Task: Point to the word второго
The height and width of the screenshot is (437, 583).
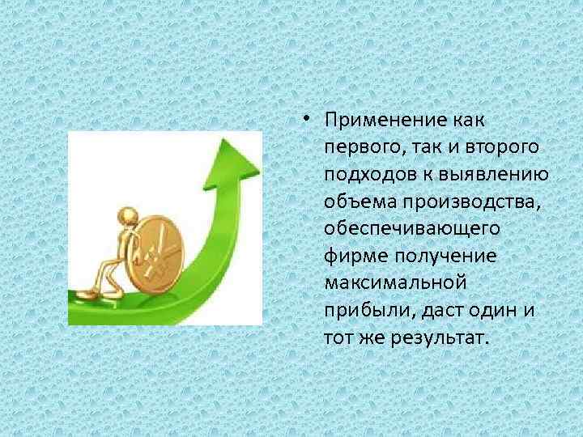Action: pyautogui.click(x=501, y=148)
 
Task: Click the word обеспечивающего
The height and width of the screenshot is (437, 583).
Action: pyautogui.click(x=411, y=229)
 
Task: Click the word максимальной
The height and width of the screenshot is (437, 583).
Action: pyautogui.click(x=394, y=282)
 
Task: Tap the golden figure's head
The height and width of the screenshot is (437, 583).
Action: pyautogui.click(x=127, y=215)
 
